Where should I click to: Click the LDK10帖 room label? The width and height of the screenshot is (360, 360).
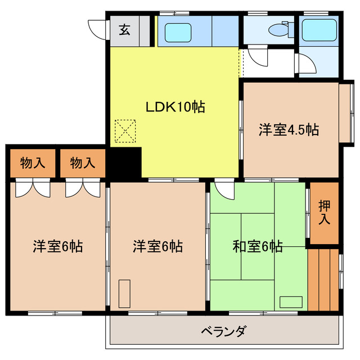point(175,107)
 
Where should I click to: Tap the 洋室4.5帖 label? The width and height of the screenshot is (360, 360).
point(289,130)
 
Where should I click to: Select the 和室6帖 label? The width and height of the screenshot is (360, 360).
point(258,246)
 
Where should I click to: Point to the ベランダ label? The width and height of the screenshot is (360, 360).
point(224,331)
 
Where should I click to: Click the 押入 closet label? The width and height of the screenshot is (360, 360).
point(325,213)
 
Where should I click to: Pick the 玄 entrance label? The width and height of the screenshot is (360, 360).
point(125,30)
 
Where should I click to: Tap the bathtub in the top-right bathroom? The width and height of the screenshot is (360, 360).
point(319,30)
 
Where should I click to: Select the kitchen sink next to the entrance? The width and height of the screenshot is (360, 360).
point(178,33)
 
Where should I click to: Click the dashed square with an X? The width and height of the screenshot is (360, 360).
point(125,131)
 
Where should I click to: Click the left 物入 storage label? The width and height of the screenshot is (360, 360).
point(33,163)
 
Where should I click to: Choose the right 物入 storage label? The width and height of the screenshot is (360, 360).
point(83,163)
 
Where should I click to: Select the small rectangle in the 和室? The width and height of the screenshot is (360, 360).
point(291,302)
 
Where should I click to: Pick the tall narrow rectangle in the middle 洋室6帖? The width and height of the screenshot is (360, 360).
point(124,294)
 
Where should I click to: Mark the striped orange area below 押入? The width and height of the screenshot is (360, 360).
point(323,280)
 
